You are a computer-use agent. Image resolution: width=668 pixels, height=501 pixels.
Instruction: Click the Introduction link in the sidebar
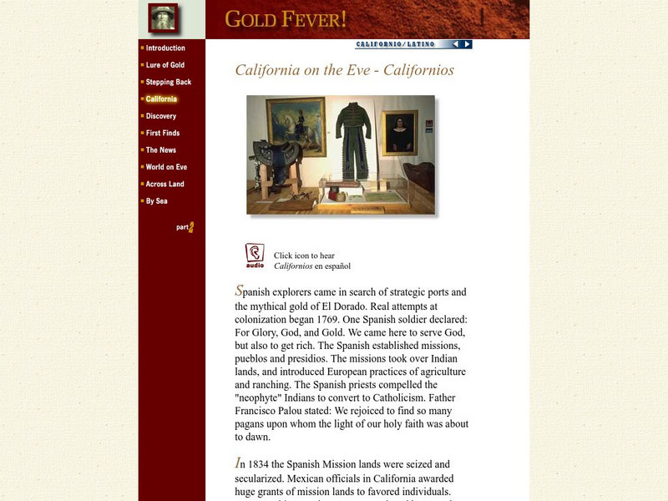click(x=165, y=48)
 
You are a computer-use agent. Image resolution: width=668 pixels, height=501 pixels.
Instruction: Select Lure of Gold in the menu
click(x=164, y=65)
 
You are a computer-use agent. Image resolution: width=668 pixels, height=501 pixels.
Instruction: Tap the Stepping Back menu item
click(x=168, y=82)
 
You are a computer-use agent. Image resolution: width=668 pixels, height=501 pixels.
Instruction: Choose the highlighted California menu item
click(x=161, y=99)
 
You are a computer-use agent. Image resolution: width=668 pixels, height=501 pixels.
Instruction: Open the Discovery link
click(x=160, y=116)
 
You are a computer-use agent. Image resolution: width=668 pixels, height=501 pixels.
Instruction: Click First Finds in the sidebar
click(x=162, y=133)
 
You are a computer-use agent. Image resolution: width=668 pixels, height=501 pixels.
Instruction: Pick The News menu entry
click(x=160, y=150)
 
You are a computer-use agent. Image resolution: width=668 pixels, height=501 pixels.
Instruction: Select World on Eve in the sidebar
click(x=166, y=167)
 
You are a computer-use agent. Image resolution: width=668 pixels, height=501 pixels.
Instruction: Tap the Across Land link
click(x=164, y=184)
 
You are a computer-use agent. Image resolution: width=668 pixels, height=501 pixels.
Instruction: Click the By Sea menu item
click(x=156, y=201)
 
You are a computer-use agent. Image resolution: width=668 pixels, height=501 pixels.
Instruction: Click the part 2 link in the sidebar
click(x=185, y=227)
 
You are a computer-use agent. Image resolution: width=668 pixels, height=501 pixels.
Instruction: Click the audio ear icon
click(x=255, y=256)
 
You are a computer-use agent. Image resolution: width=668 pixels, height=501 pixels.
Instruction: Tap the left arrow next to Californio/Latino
click(x=456, y=44)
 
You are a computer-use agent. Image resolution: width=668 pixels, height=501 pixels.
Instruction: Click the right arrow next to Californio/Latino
click(x=468, y=44)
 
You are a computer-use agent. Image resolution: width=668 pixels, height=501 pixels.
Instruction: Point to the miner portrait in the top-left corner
click(x=163, y=18)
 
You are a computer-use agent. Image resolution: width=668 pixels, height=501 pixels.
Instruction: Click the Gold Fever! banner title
click(x=286, y=19)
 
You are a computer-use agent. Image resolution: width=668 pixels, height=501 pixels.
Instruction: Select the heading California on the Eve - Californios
click(x=345, y=70)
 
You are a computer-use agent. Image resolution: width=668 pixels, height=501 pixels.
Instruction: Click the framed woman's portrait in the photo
click(x=400, y=133)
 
